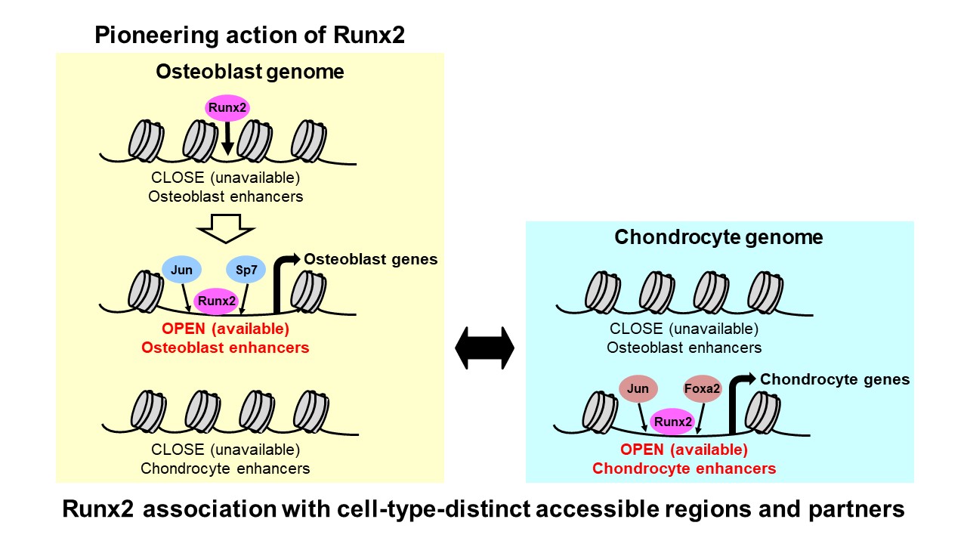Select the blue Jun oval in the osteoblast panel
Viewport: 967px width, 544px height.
click(182, 270)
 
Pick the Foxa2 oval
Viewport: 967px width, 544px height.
click(703, 389)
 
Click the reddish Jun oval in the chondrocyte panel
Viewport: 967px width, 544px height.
click(638, 389)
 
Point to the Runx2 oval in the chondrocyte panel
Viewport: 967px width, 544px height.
click(673, 421)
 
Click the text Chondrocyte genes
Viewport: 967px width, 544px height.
click(834, 379)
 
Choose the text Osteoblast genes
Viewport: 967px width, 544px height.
click(370, 260)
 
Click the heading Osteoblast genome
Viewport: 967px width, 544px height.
click(249, 72)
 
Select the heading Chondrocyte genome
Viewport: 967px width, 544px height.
click(718, 237)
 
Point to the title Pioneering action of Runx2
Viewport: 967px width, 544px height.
click(249, 35)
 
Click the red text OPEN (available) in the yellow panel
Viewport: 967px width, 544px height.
click(225, 330)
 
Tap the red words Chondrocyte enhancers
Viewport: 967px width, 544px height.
click(684, 468)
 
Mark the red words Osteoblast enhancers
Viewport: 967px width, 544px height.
click(225, 348)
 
